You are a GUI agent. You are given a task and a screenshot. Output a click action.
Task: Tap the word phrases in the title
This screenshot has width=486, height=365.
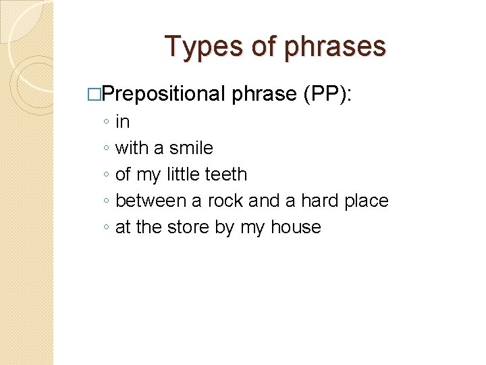pyautogui.click(x=335, y=47)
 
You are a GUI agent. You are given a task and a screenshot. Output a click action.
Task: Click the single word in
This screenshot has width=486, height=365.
pyautogui.click(x=123, y=122)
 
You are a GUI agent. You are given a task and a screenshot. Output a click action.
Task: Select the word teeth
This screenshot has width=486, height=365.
pyautogui.click(x=225, y=174)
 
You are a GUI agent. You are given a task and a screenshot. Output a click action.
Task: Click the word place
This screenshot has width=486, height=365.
pyautogui.click(x=366, y=201)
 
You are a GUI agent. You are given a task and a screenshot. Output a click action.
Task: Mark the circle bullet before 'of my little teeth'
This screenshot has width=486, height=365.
pyautogui.click(x=107, y=175)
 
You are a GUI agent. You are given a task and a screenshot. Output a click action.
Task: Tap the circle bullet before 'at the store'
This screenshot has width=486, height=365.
pyautogui.click(x=107, y=228)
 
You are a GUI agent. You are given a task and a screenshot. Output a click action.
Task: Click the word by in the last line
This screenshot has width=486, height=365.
pyautogui.click(x=225, y=228)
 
